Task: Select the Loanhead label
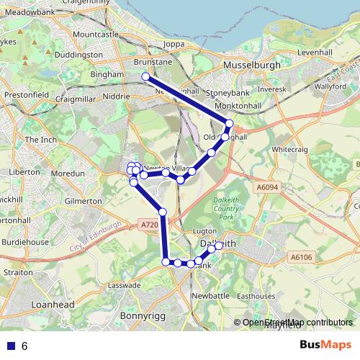[x=53, y=305]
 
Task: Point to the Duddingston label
[x=79, y=54]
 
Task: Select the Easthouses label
[x=256, y=296]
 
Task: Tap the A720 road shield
[x=149, y=225]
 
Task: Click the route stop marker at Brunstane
[x=145, y=76]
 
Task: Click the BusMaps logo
[x=325, y=346]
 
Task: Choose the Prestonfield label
[x=25, y=94]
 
